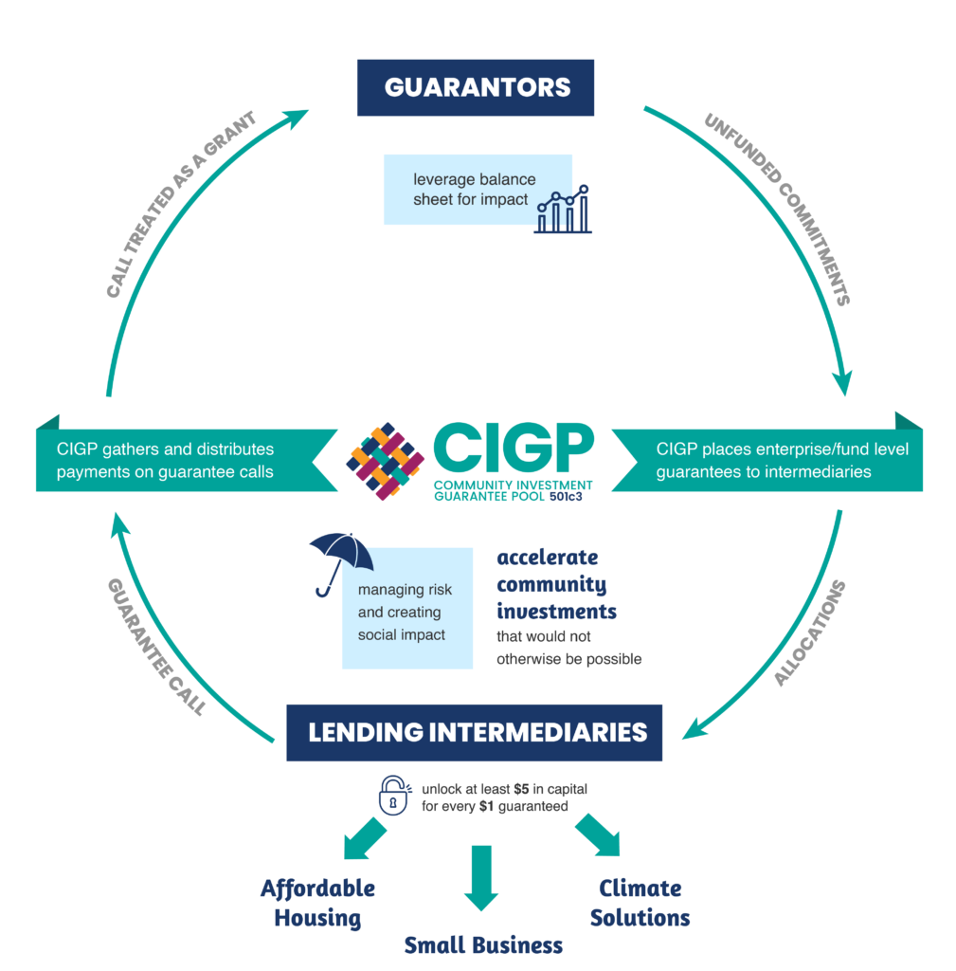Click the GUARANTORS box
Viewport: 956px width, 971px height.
(x=476, y=88)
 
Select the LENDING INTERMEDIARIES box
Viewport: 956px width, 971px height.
(x=474, y=732)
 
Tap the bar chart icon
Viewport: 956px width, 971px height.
(x=563, y=210)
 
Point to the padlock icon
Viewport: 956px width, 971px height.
(x=394, y=795)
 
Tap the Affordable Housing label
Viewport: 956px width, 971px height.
(x=317, y=903)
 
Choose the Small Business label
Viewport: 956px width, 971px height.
(x=483, y=944)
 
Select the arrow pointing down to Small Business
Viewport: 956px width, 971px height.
(x=482, y=877)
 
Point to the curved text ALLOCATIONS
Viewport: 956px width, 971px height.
(x=808, y=632)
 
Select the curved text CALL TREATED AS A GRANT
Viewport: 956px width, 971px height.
(x=180, y=204)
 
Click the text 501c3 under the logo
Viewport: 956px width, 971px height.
(x=572, y=495)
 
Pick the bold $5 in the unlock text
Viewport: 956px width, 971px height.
(x=521, y=789)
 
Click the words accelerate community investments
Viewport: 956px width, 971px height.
(x=556, y=584)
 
